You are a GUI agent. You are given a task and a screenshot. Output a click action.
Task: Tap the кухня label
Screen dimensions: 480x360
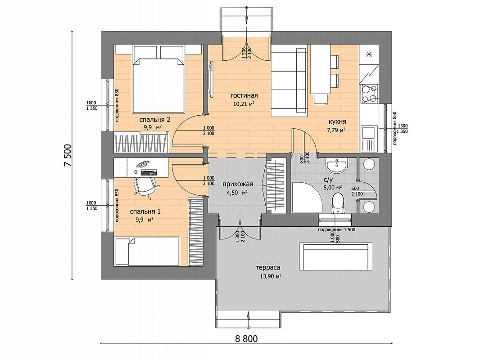tap(337, 122)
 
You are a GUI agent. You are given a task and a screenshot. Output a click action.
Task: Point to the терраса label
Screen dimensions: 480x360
tap(268, 268)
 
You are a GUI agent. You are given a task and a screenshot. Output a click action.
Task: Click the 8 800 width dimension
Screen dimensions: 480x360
tap(246, 338)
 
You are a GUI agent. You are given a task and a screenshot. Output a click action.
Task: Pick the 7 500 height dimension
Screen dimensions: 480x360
tap(68, 155)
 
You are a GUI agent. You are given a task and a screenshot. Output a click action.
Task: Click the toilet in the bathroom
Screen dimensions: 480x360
tap(338, 202)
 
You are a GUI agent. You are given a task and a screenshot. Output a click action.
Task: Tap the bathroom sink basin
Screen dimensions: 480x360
tap(337, 165)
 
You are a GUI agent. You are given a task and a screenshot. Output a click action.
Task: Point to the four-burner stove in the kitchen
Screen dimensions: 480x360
tap(369, 93)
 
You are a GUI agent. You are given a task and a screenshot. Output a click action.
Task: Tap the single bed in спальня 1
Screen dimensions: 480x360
tap(147, 252)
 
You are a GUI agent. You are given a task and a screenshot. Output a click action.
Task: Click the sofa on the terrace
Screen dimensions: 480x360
tap(336, 256)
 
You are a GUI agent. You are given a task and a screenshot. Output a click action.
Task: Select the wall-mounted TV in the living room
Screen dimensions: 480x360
tap(211, 80)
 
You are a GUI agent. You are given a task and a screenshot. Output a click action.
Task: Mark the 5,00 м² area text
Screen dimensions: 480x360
tap(332, 188)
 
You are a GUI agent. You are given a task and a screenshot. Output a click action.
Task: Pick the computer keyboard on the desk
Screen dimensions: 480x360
tap(148, 172)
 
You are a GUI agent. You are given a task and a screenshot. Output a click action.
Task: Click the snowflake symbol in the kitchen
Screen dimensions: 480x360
tap(369, 54)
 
